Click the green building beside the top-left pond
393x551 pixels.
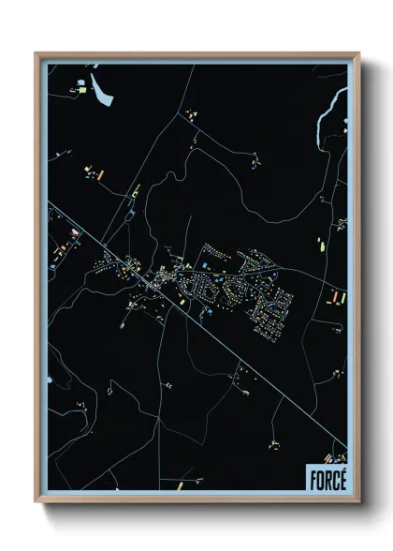coord(80,91)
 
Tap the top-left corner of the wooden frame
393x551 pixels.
coord(36,53)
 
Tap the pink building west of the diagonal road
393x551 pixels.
coord(69,228)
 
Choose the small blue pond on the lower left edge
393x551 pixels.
coord(49,380)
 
